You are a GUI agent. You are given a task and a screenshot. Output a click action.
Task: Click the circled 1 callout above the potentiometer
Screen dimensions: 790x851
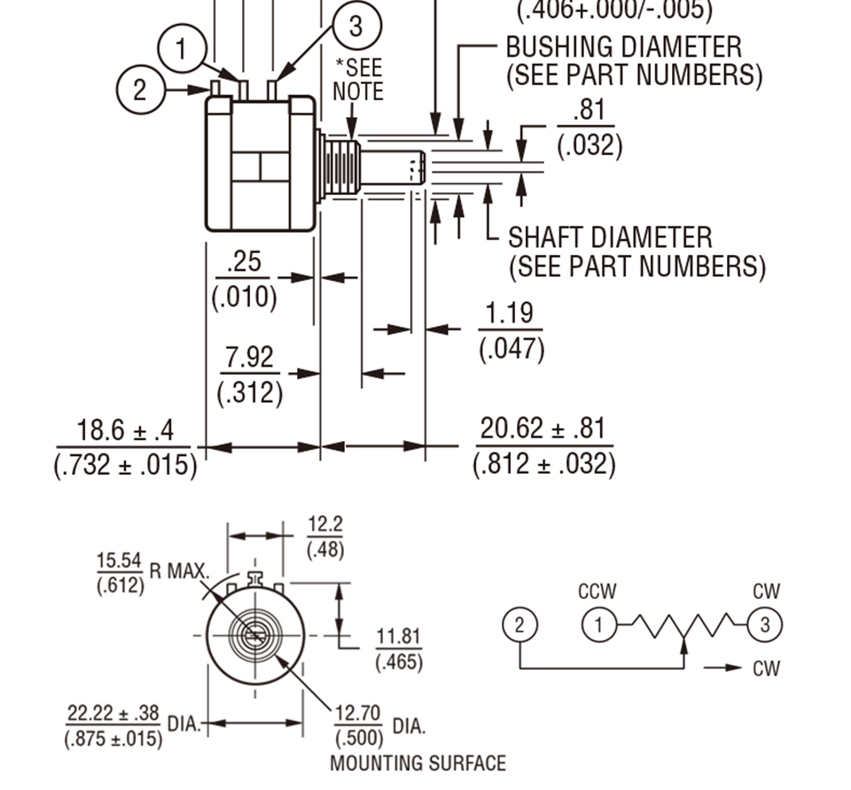point(182,49)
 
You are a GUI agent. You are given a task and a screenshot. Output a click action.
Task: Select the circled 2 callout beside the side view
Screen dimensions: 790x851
point(140,89)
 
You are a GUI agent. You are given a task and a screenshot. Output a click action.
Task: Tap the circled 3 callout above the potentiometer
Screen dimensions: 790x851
point(355,26)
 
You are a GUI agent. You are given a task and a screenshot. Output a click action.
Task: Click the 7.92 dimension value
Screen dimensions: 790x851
point(249,358)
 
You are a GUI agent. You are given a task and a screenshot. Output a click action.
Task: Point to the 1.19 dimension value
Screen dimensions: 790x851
point(511,314)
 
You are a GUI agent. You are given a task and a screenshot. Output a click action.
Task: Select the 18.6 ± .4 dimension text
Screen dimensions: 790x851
point(125,432)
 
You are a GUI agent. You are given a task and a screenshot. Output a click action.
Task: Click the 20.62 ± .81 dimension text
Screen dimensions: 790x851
point(543,430)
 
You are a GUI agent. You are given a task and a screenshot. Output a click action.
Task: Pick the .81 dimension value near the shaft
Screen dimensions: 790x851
point(589,111)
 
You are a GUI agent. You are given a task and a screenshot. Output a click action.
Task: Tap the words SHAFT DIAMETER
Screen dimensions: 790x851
point(610,237)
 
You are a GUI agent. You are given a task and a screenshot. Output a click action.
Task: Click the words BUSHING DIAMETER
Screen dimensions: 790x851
point(623,46)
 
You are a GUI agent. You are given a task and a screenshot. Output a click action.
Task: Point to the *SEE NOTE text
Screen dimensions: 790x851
point(357,80)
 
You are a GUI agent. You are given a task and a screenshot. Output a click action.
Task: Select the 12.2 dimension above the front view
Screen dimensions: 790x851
point(325,524)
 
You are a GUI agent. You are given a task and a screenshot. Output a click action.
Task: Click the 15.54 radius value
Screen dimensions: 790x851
point(119,561)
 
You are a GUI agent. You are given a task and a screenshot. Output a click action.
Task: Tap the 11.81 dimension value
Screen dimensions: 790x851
point(399,637)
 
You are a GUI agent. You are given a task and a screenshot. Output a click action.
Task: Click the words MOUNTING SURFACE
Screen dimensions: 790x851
point(418,763)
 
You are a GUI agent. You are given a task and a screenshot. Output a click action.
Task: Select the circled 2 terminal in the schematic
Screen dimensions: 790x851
point(519,625)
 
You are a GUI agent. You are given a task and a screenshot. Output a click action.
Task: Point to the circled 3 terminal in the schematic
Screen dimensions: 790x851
point(765,625)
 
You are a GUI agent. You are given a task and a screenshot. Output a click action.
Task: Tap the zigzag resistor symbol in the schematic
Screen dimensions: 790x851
point(683,626)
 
